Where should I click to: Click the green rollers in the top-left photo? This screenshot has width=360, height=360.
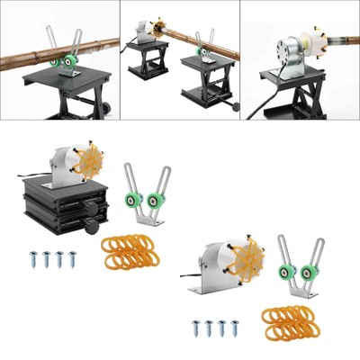tap(64, 61)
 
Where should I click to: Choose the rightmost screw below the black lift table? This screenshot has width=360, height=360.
tap(73, 259)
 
